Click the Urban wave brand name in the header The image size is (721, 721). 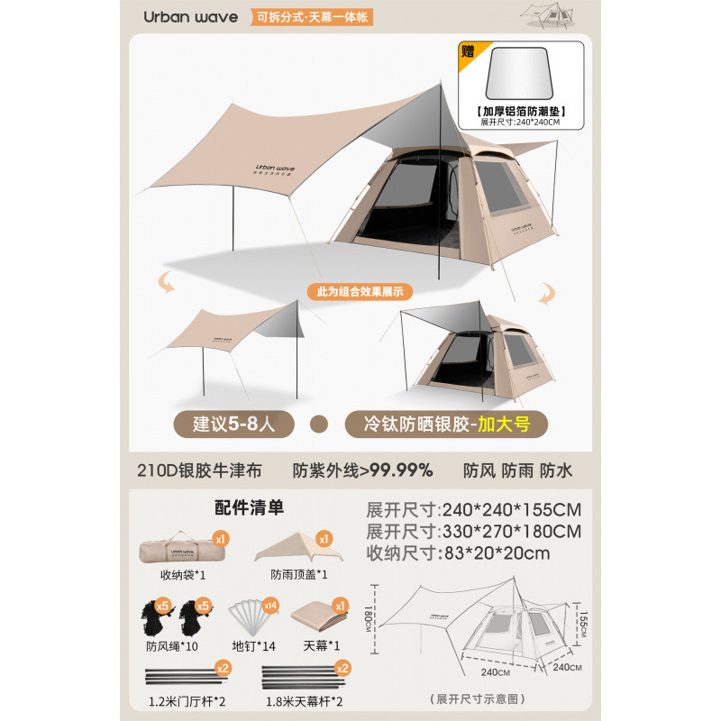tap(190, 17)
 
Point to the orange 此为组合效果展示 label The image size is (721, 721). tap(360, 292)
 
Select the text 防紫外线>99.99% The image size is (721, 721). tap(363, 470)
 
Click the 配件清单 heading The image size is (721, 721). tap(250, 507)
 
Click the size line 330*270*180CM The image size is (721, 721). tap(473, 531)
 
